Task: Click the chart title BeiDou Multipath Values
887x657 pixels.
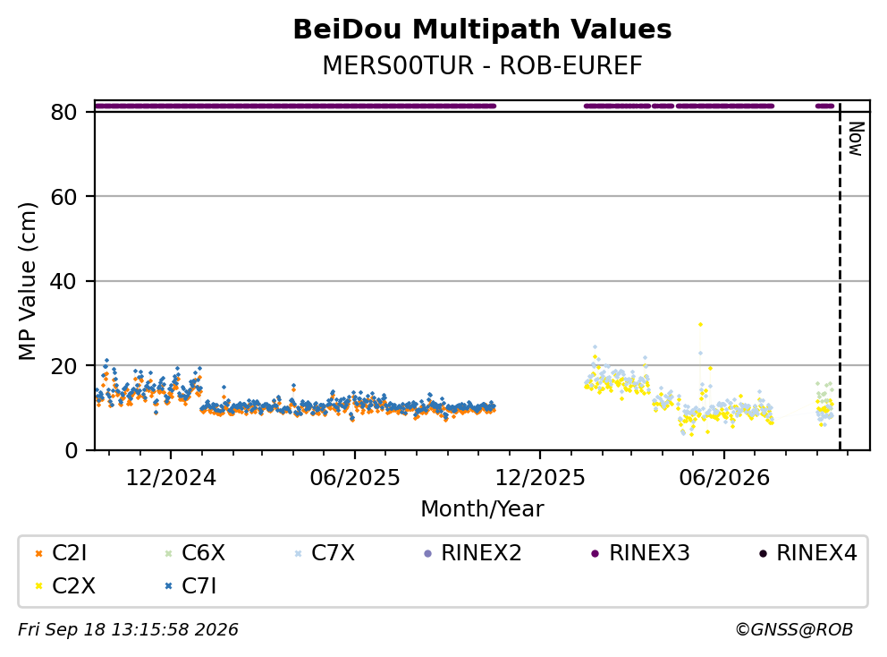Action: click(482, 30)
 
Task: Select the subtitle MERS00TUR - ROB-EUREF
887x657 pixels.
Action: click(482, 65)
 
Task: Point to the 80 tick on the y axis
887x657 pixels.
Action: click(63, 112)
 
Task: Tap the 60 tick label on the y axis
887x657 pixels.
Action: click(63, 197)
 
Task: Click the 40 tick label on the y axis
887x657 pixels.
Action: click(63, 281)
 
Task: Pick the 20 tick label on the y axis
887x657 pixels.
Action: click(63, 366)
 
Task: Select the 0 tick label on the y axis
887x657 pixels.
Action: click(71, 450)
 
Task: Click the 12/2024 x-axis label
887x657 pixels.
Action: click(171, 478)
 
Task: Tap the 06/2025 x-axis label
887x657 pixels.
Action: click(355, 478)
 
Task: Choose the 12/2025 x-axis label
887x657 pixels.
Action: click(540, 478)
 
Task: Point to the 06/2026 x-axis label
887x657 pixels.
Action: click(724, 478)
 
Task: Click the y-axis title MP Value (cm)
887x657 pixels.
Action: click(27, 281)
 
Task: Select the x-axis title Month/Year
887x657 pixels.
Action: click(482, 508)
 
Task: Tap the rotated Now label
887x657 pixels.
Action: click(856, 139)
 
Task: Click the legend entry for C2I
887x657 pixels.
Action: click(61, 553)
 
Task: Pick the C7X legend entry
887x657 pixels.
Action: click(325, 553)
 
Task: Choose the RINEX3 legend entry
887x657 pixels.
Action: click(640, 553)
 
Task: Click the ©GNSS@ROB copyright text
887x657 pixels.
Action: click(794, 629)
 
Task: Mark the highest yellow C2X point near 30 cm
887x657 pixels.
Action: click(700, 325)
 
